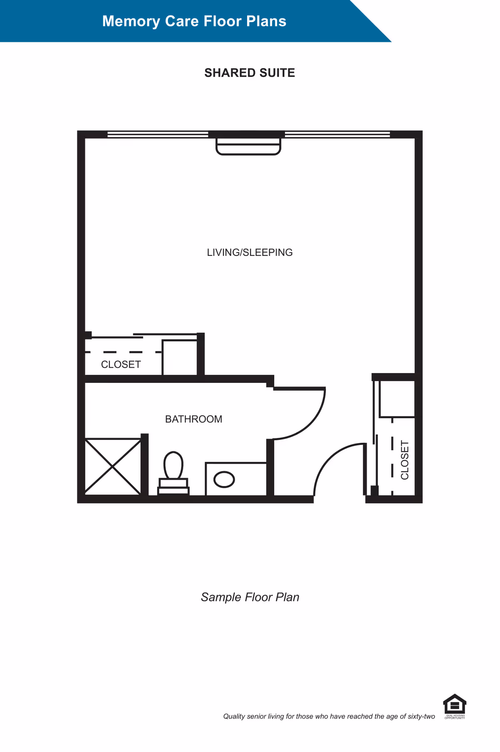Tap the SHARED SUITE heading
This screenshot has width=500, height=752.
coord(250,73)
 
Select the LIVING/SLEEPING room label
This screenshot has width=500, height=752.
coord(250,253)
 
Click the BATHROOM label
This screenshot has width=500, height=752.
coord(193,419)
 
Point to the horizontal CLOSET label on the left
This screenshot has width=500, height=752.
coord(121,365)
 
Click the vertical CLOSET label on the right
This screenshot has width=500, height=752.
coord(405,460)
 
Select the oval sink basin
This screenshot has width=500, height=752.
coord(224,479)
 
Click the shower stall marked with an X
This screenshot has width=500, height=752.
coord(112,467)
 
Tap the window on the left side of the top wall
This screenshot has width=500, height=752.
coord(157,134)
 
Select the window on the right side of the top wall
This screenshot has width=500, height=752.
coord(337,134)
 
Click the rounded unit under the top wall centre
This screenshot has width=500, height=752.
coord(248,147)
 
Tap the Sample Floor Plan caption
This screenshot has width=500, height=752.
coord(250,597)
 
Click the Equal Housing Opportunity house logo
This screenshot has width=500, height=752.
coord(455,705)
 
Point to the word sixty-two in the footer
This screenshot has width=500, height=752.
coord(421,716)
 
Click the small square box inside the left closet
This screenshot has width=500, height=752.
coord(180,357)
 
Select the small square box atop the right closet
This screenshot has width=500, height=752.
coord(397,399)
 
